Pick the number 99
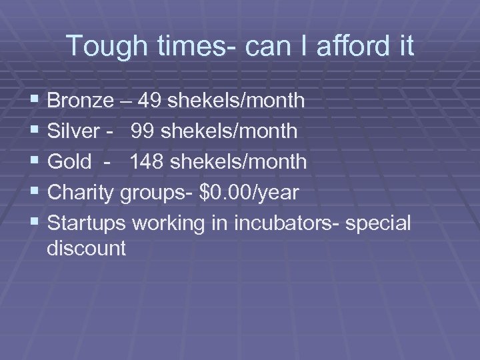(x=143, y=131)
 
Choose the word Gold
(x=69, y=161)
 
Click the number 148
(x=148, y=161)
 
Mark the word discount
(x=87, y=249)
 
